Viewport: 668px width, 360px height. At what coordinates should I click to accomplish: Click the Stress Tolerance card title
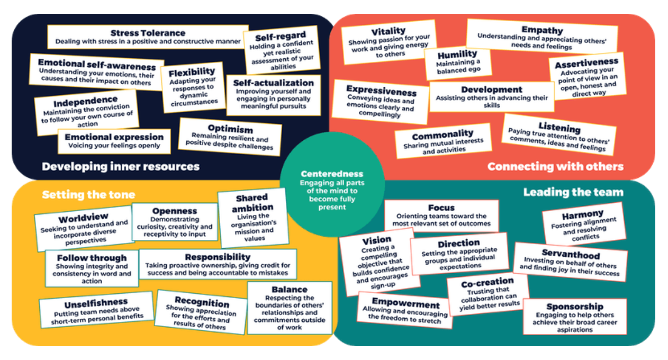tap(148, 33)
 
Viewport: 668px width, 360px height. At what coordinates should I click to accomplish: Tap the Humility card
tap(458, 62)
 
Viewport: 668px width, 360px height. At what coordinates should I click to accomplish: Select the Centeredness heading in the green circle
tap(332, 174)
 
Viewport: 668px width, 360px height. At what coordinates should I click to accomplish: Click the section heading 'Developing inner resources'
tap(121, 166)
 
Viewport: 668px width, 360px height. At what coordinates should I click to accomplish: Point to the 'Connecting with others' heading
tap(555, 166)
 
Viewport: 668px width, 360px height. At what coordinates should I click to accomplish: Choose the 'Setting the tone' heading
tap(88, 195)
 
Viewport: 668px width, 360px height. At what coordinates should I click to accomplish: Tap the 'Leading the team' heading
tap(573, 192)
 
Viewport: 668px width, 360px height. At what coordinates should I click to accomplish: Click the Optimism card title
tap(231, 129)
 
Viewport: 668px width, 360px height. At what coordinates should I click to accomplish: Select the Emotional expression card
tap(114, 141)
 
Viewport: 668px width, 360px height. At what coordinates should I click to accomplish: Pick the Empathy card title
tap(542, 30)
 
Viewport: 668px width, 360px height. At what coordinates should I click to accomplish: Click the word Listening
tap(559, 128)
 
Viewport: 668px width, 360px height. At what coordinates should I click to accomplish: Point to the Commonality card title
tap(443, 135)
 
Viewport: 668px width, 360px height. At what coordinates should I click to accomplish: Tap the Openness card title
tap(175, 211)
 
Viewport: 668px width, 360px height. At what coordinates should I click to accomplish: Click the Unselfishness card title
tap(96, 304)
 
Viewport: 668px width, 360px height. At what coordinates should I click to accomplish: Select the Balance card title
tap(289, 289)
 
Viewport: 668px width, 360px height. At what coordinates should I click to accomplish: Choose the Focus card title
tap(441, 208)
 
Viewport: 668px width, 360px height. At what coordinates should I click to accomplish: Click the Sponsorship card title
tap(575, 307)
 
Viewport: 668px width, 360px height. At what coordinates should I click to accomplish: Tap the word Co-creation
tap(488, 283)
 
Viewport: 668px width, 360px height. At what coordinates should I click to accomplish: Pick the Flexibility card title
tap(192, 72)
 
